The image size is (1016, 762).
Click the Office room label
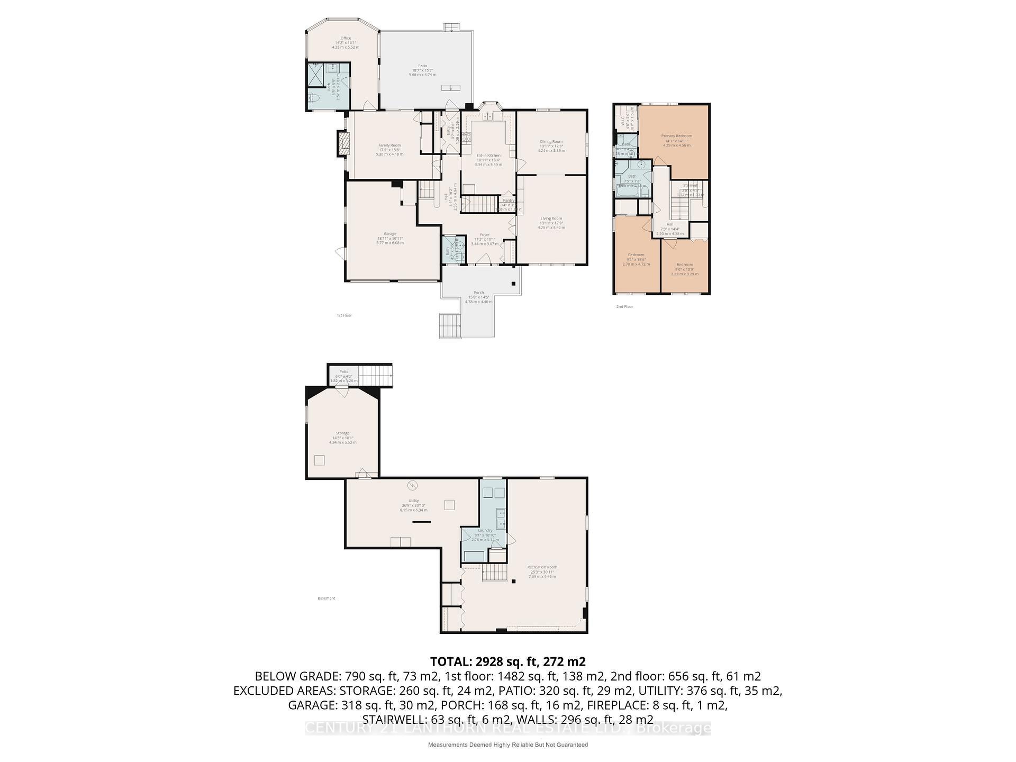coord(346,38)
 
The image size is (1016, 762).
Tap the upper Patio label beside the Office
coord(422,66)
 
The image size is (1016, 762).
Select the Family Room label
coord(389,146)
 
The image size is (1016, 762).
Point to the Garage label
coord(390,234)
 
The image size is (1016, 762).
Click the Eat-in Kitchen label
coord(488,156)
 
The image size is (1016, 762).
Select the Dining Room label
coord(551,142)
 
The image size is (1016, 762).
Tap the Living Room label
coord(551,219)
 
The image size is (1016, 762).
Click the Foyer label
coord(485,235)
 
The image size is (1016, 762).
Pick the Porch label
coord(478,293)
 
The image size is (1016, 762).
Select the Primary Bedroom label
coord(676,136)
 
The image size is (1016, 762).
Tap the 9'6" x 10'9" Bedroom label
coord(684,265)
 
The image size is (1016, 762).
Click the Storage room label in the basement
coord(342,433)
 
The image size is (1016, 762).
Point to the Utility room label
coord(413,501)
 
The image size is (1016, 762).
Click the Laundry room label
coord(485,530)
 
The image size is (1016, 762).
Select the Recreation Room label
coord(542,567)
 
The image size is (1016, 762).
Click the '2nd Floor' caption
coord(624,307)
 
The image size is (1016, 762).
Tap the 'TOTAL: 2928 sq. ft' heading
coord(507,661)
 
